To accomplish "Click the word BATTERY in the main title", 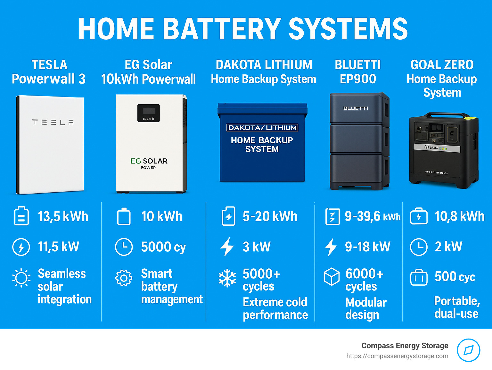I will [x=223, y=29].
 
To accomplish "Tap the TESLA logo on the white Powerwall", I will [x=53, y=122].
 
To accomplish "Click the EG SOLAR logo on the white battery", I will [x=149, y=161].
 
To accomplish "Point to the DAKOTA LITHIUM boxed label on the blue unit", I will [x=262, y=128].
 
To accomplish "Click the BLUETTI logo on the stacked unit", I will [x=356, y=108].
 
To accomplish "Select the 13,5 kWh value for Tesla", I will [x=63, y=216].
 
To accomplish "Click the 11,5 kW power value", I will [x=58, y=247].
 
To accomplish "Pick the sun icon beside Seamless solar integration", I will [x=21, y=278].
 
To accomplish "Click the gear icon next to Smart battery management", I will [x=124, y=278].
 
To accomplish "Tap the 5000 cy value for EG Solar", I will [x=163, y=247].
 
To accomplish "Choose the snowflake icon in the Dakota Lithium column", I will [x=227, y=278].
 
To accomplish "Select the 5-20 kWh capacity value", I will [x=270, y=216].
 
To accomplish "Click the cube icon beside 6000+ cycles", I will [x=332, y=276].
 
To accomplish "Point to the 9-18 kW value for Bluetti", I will [x=367, y=247].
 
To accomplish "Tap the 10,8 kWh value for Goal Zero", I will [x=459, y=216].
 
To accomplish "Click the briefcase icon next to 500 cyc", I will [x=419, y=278].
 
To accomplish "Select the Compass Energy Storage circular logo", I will [x=468, y=350].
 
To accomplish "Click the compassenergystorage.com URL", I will [x=397, y=356].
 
